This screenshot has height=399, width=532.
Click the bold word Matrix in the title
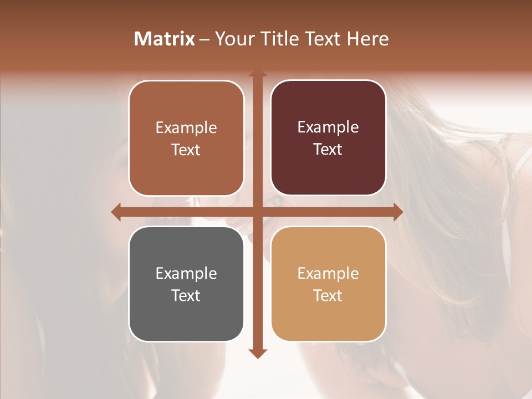[x=165, y=39]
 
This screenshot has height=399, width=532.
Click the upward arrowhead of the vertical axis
[x=257, y=74]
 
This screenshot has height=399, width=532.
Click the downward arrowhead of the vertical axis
[x=257, y=354]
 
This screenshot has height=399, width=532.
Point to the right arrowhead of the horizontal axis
[x=398, y=212]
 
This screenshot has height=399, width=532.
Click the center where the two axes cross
[x=257, y=212]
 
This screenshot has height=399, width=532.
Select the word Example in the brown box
[x=186, y=128]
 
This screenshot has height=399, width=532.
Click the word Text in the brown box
[x=186, y=150]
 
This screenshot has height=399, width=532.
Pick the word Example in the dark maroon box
[x=328, y=127]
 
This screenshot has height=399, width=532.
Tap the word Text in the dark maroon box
[x=328, y=149]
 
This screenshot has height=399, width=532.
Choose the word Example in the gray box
[x=186, y=273]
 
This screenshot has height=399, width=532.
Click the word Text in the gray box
[x=186, y=295]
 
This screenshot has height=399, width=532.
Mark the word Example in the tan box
[x=328, y=273]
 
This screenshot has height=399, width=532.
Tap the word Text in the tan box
[x=328, y=295]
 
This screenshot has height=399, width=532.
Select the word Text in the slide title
[x=323, y=39]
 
